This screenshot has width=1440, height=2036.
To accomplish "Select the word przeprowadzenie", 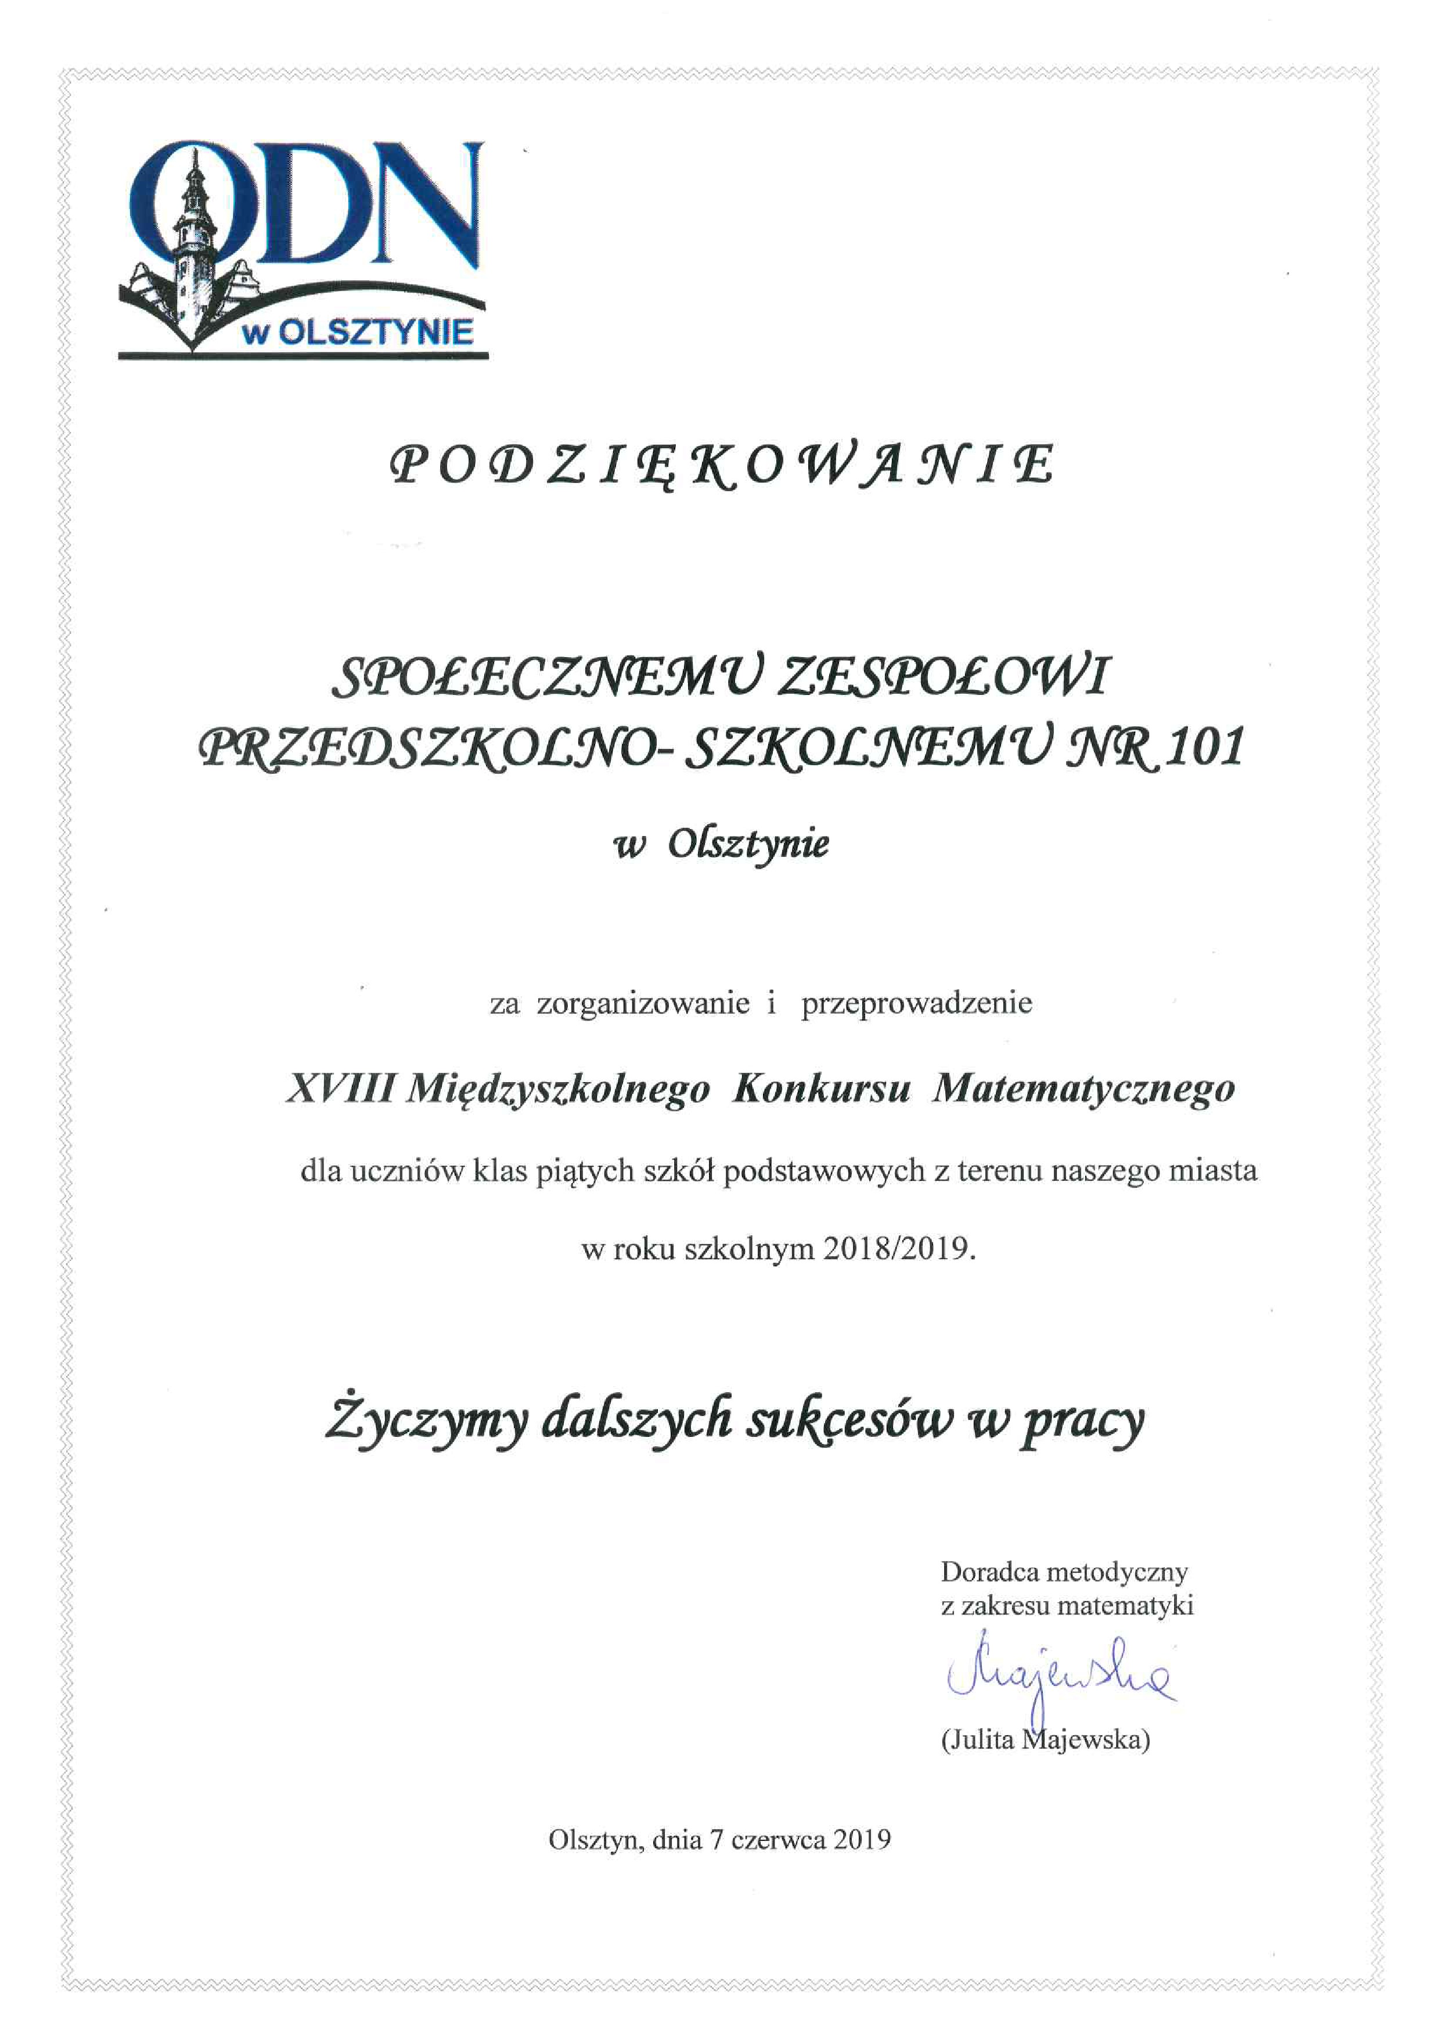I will [917, 1003].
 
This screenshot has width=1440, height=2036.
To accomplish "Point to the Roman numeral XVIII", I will [340, 1087].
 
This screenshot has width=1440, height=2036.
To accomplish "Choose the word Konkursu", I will [822, 1087].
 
